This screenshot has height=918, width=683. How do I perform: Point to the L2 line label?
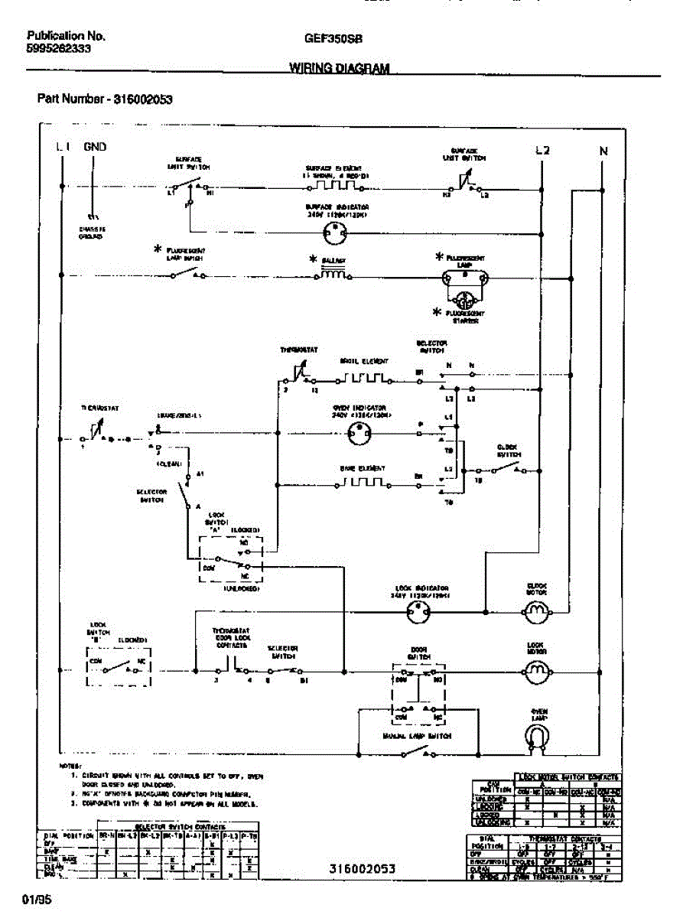click(x=542, y=151)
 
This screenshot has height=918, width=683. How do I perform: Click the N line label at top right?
click(x=603, y=151)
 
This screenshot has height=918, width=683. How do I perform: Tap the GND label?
click(x=95, y=147)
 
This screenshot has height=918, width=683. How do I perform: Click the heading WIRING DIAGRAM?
click(x=339, y=68)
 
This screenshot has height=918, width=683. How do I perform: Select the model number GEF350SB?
click(x=333, y=37)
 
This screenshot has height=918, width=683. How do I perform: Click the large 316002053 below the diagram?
click(x=363, y=868)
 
